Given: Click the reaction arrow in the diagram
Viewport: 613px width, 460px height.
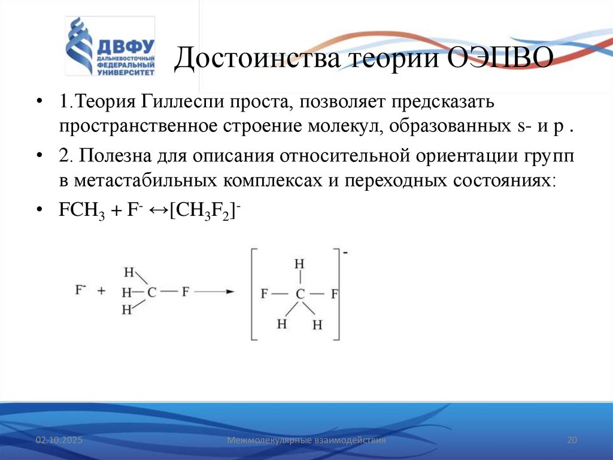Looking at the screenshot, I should [213, 292].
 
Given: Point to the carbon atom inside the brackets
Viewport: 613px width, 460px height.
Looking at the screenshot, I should [300, 294].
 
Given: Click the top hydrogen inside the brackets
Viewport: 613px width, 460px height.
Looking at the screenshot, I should [300, 263].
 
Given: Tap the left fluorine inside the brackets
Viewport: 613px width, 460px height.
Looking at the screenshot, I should [264, 294].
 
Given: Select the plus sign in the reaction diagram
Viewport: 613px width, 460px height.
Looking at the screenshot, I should [101, 291].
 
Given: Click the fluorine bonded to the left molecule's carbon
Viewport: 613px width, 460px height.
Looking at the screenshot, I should [186, 292].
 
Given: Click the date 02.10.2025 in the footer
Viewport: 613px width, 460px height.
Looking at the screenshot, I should [59, 441].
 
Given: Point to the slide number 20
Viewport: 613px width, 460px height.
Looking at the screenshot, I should [572, 441].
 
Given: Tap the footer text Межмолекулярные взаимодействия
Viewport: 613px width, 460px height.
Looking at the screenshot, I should [306, 441].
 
